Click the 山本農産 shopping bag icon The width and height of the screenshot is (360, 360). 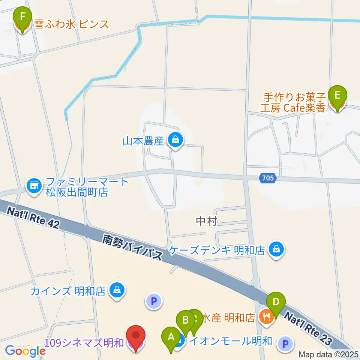(x=175, y=141)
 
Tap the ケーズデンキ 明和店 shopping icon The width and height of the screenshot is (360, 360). (x=276, y=249)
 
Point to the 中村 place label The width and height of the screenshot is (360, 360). (x=207, y=222)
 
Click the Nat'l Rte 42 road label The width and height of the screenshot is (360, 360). (x=34, y=218)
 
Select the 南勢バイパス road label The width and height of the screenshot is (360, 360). (x=133, y=247)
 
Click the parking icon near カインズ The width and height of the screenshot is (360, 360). (x=153, y=301)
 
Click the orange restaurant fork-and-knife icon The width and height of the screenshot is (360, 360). (x=266, y=318)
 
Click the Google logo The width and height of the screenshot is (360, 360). (x=25, y=351)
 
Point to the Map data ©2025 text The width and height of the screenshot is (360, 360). (x=328, y=354)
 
